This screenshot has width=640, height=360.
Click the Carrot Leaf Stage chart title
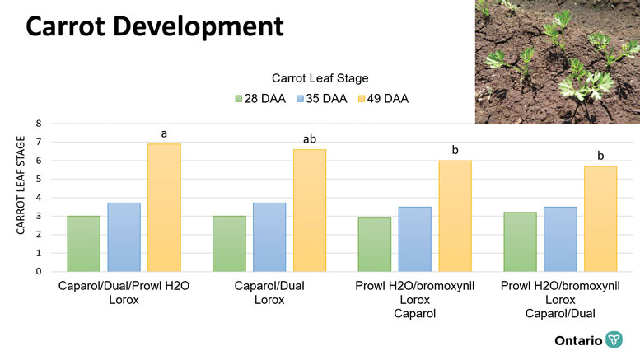pos(321,78)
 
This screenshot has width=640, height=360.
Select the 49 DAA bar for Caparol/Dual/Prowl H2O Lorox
pos(164,208)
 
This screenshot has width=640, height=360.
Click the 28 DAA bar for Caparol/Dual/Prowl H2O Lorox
pos(83,243)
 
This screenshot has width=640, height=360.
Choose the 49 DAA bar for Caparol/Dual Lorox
pos(310,210)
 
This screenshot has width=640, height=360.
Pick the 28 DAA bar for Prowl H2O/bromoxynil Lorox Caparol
pos(374,244)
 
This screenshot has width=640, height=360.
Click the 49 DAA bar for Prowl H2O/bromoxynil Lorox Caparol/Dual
pos(600,218)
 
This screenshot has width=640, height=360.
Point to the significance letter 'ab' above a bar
pos(310,139)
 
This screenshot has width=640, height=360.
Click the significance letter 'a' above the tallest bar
pos(164,133)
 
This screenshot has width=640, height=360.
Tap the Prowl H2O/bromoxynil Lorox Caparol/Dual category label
pos(559,300)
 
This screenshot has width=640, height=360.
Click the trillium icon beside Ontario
pos(614,340)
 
